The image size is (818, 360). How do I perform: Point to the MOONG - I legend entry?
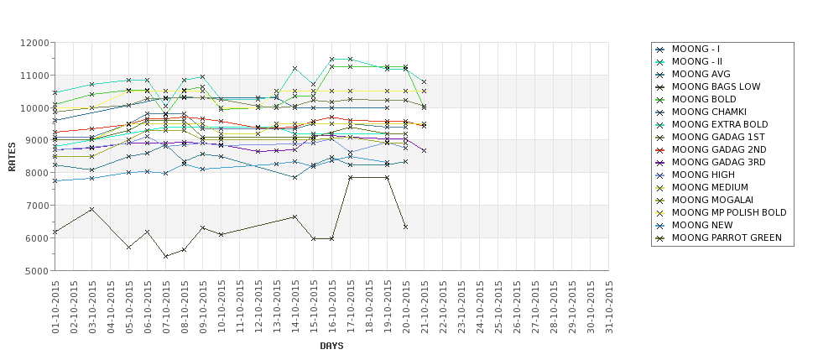(x=696, y=49)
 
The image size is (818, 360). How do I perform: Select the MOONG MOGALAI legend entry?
(x=712, y=200)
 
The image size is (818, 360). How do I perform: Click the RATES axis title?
(x=12, y=156)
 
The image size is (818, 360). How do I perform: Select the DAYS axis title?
(x=331, y=346)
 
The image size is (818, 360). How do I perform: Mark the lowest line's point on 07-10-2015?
(x=166, y=256)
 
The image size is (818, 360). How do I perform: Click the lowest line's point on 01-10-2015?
(x=55, y=232)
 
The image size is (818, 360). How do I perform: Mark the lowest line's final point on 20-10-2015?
(x=406, y=227)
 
